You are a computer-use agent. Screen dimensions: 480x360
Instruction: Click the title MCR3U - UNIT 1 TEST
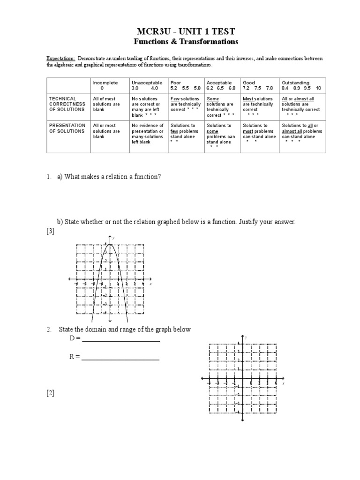[x=186, y=31]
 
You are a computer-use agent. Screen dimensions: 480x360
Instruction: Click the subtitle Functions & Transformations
[x=186, y=42]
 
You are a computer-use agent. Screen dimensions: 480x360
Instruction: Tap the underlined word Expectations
[x=60, y=59]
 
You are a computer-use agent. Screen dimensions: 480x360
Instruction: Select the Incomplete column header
[x=105, y=82]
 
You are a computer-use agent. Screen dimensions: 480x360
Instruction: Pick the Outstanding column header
[x=295, y=82]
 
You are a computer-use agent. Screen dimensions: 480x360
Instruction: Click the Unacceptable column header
[x=147, y=82]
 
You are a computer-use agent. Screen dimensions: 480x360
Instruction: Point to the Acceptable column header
[x=219, y=82]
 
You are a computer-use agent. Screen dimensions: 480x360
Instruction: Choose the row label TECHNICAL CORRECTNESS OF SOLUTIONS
[x=67, y=104]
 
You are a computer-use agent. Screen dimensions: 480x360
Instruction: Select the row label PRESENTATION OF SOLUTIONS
[x=67, y=128]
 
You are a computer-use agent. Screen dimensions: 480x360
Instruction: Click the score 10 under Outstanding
[x=319, y=88]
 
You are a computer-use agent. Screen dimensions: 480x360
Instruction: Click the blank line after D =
[x=121, y=341]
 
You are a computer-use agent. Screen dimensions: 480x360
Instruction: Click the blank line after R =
[x=120, y=360]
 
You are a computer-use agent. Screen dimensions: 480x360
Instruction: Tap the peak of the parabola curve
[x=109, y=244]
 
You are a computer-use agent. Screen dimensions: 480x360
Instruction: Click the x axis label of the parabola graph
[x=150, y=284]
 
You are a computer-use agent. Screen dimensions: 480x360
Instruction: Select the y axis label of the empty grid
[x=246, y=337]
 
